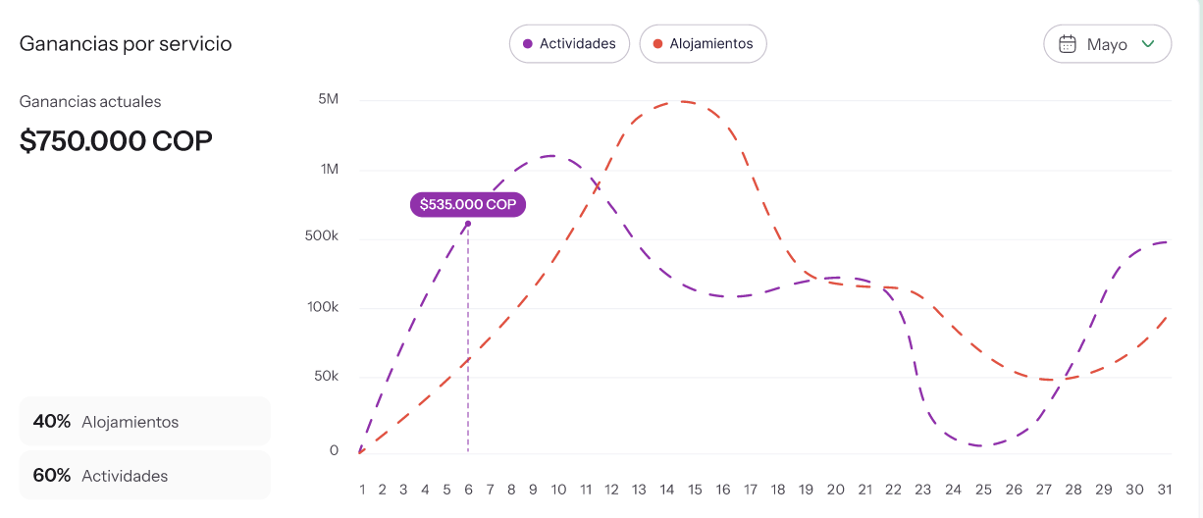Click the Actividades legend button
point(569,44)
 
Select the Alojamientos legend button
point(703,44)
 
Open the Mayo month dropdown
point(1107,44)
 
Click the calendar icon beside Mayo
point(1068,44)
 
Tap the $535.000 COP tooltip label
point(468,204)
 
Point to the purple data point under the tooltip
point(468,224)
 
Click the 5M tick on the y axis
point(328,100)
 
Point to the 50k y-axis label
point(324,377)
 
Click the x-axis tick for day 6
point(468,489)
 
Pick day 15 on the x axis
point(695,489)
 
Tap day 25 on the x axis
point(983,489)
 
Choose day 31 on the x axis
point(1164,489)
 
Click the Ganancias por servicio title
point(126,44)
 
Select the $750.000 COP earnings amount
point(116,141)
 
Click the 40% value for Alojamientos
point(52,422)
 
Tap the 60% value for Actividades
point(52,476)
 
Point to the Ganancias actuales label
point(90,102)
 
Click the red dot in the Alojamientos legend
point(657,44)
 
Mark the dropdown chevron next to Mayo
point(1148,44)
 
